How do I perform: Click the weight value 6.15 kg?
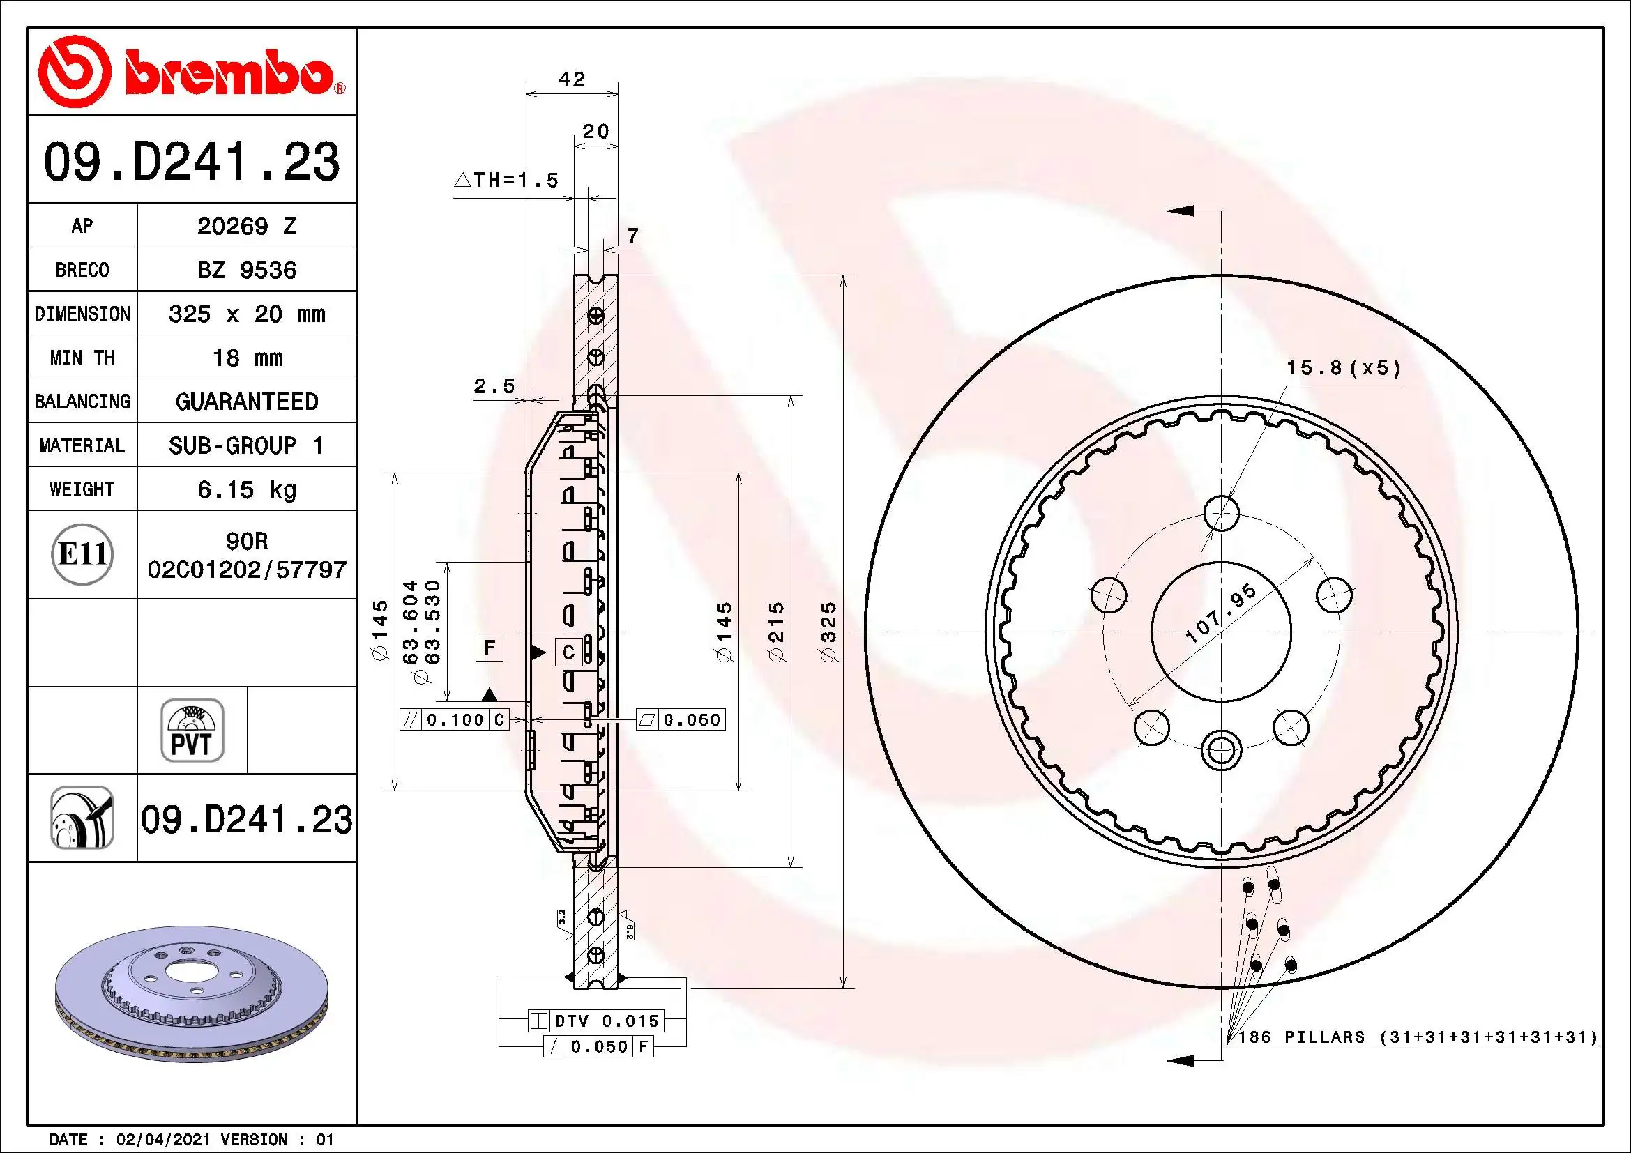[246, 489]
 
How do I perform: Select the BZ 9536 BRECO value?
[246, 270]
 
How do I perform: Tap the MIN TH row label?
[82, 358]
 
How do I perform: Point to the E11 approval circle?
[82, 554]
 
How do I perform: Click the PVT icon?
[192, 730]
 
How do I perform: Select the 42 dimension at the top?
[572, 79]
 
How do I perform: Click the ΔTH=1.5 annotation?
[506, 181]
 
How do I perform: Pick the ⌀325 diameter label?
[829, 632]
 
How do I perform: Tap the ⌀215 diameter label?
[776, 632]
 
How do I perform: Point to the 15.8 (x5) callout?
[1343, 368]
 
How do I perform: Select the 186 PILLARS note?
[1416, 1037]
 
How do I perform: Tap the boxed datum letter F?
[490, 648]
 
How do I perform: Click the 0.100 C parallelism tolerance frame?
[455, 720]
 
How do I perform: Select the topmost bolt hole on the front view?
[1221, 512]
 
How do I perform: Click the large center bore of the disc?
[1220, 632]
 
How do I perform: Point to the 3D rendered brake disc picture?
[192, 994]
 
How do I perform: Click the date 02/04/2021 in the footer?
[162, 1140]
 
